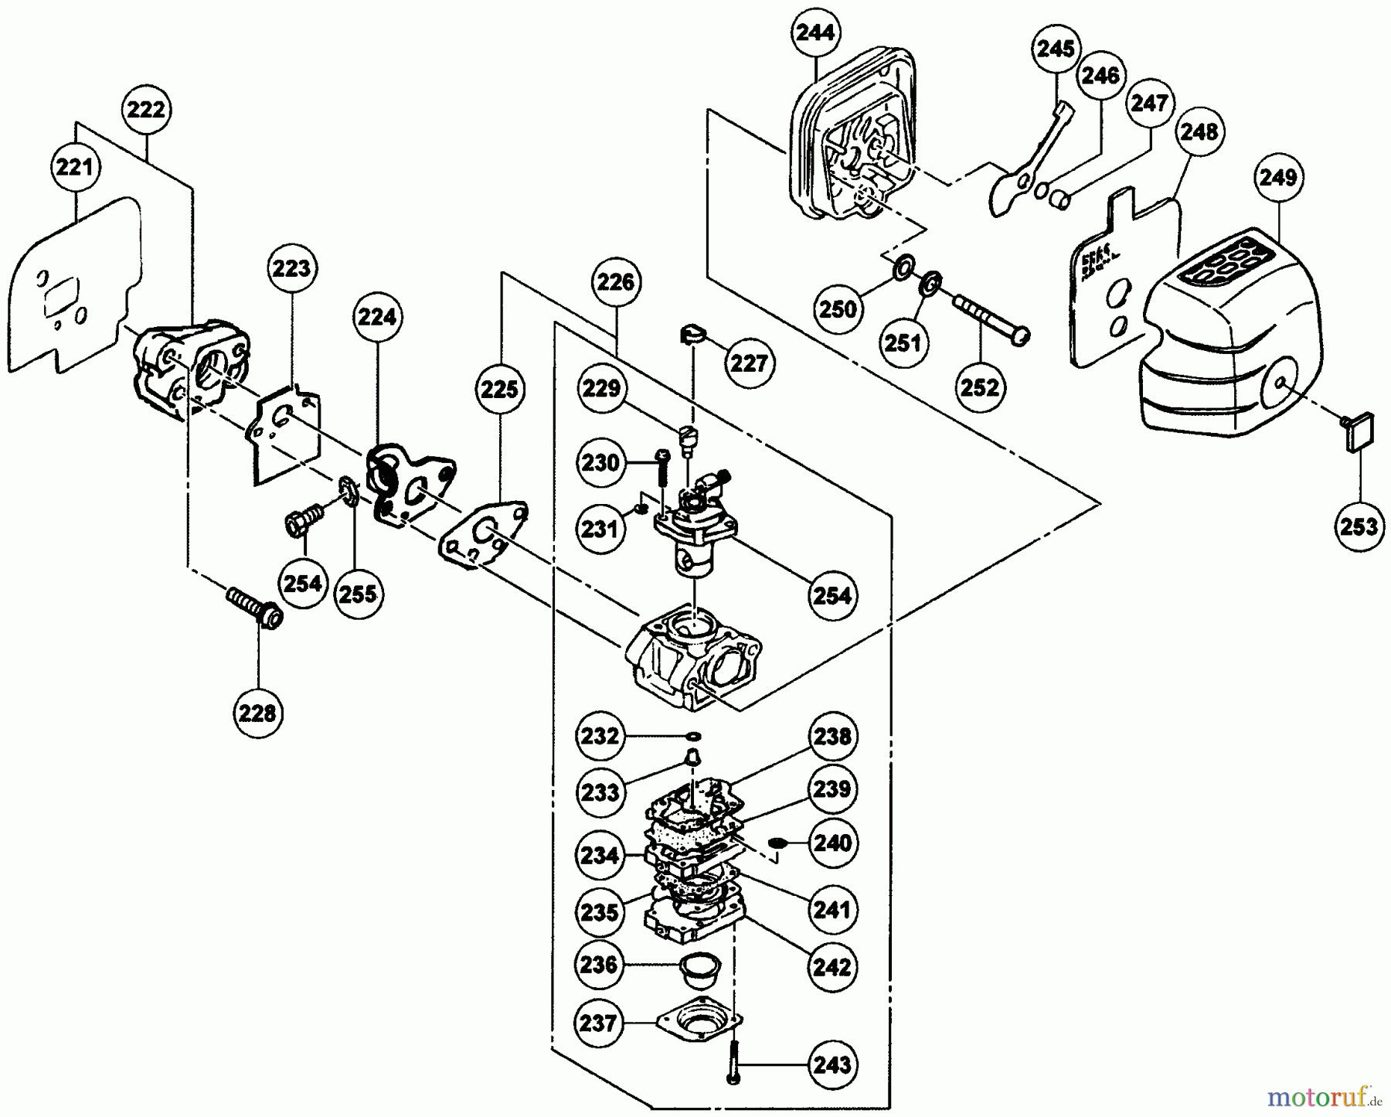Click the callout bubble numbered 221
click(74, 166)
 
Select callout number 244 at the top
click(815, 32)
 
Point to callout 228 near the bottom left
click(257, 712)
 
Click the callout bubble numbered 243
click(832, 1065)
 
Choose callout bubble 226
click(616, 282)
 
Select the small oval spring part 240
click(777, 842)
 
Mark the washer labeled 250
click(901, 270)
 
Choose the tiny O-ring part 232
click(692, 735)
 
